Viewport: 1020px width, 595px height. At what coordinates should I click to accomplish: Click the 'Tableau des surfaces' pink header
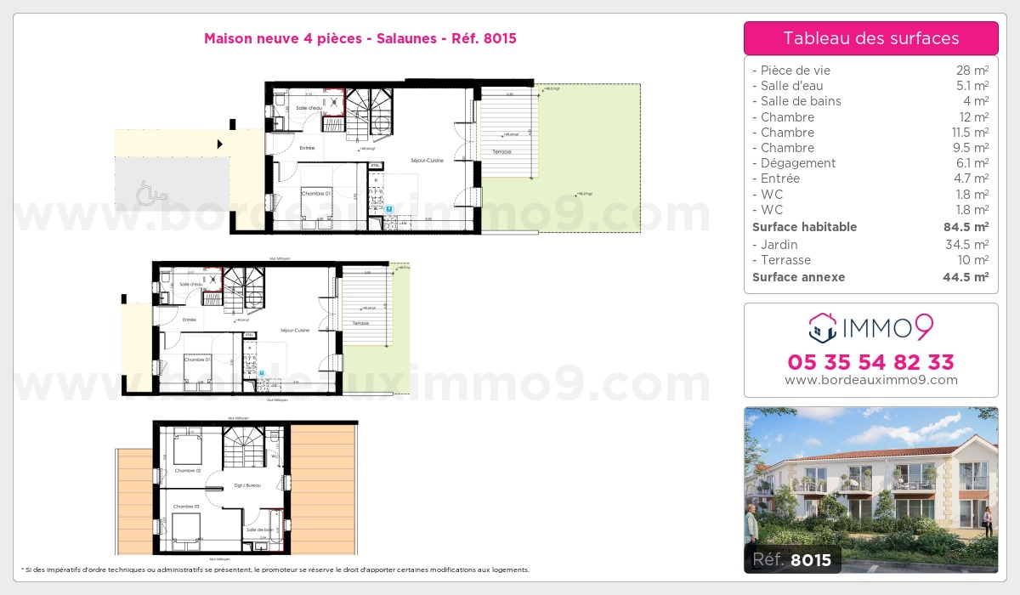[x=870, y=38]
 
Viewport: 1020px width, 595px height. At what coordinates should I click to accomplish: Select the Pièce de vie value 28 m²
[x=972, y=71]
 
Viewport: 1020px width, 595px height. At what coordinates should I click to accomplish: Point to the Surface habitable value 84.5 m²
[x=967, y=227]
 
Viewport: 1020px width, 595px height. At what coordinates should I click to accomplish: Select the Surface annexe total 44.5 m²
[x=967, y=277]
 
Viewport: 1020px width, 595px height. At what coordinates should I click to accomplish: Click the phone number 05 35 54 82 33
[x=870, y=362]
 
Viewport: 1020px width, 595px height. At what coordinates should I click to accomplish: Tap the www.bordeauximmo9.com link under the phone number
[x=870, y=380]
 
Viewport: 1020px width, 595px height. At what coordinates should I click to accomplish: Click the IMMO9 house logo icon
[x=822, y=327]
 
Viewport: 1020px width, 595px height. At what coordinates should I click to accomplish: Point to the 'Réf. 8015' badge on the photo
[x=792, y=559]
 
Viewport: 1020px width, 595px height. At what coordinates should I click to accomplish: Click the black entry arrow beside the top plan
[x=220, y=144]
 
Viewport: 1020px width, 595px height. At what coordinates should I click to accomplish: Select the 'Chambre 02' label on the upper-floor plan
[x=187, y=470]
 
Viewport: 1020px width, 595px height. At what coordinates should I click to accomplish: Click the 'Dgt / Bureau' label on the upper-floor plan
[x=246, y=484]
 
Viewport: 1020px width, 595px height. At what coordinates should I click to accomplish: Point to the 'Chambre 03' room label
[x=187, y=507]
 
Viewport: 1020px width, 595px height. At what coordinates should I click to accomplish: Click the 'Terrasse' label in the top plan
[x=501, y=152]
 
